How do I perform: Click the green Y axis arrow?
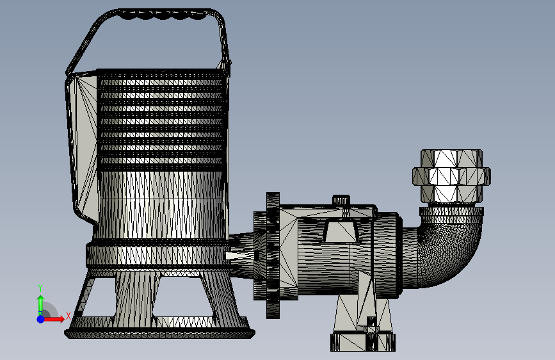coord(40,305)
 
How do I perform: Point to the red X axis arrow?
coord(53,319)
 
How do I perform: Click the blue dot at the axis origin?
coord(41,319)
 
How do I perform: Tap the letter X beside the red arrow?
coord(68,315)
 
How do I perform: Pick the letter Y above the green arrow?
coord(40,288)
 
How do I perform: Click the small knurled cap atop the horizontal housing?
coord(341,200)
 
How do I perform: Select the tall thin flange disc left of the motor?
coord(273,255)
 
